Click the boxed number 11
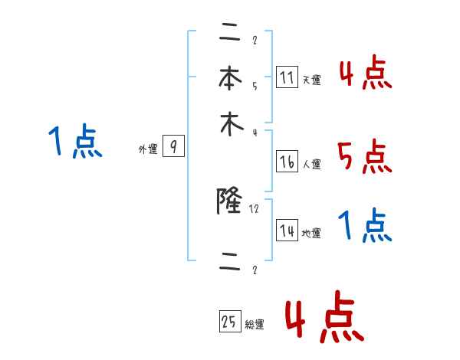(x=287, y=78)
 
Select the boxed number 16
(x=287, y=162)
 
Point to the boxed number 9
(x=174, y=148)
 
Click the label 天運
(x=311, y=80)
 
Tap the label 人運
(x=311, y=163)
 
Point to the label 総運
(x=255, y=325)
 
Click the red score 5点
(x=365, y=159)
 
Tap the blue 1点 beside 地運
(x=365, y=227)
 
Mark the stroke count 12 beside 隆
(x=255, y=208)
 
